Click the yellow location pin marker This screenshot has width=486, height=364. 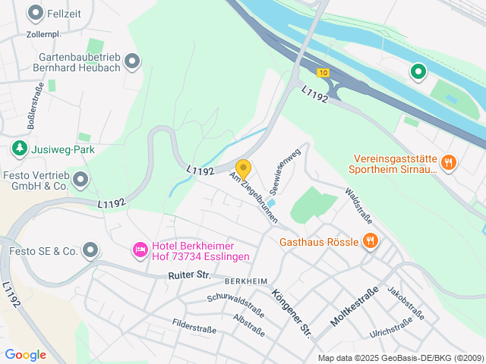coord(243,168)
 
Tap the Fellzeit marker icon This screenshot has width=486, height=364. coord(35,12)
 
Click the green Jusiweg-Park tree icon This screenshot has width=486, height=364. coord(19,149)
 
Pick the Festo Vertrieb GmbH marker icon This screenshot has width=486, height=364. coord(80,180)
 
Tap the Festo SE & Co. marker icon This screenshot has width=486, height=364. coord(91,249)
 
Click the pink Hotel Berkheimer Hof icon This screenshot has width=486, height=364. coord(140,249)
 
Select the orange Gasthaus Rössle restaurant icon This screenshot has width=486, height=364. coord(371,241)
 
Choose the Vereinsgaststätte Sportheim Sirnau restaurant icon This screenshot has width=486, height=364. coord(449,162)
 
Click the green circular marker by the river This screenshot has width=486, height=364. coord(418,72)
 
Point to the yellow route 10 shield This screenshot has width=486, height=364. coord(323,73)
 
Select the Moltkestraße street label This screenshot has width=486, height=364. coord(354,307)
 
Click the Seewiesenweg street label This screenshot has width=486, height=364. coord(283,171)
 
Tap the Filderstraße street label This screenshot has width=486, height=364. coord(195,328)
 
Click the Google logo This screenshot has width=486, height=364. coord(25,354)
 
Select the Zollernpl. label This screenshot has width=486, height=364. coord(43,34)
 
